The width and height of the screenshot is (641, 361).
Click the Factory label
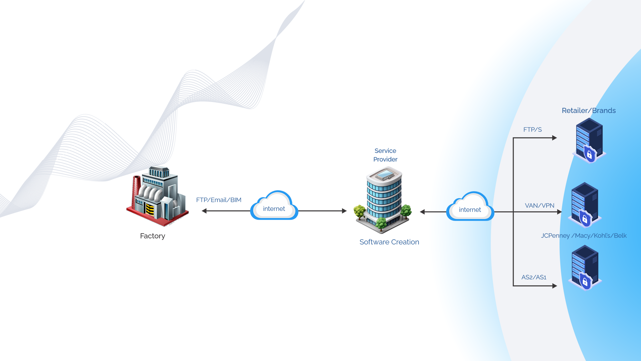click(x=153, y=236)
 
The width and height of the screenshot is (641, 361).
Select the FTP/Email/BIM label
click(x=219, y=200)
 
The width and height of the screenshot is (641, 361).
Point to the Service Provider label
click(x=385, y=155)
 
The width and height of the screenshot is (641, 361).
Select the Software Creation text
click(x=389, y=242)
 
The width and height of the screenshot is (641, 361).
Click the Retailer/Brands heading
click(x=589, y=111)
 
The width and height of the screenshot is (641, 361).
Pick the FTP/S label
click(x=532, y=130)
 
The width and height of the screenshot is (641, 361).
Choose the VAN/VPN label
click(x=540, y=206)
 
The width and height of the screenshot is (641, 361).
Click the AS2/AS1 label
click(x=534, y=277)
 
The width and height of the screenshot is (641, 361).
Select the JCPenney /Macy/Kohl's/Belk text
click(x=584, y=236)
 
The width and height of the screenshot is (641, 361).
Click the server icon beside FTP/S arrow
click(x=589, y=140)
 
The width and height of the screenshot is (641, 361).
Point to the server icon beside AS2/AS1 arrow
click(x=585, y=267)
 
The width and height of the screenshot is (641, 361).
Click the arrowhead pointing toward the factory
click(x=204, y=211)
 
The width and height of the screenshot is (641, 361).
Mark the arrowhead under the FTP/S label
click(x=555, y=138)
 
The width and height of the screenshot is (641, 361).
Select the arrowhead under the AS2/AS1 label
click(x=555, y=286)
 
